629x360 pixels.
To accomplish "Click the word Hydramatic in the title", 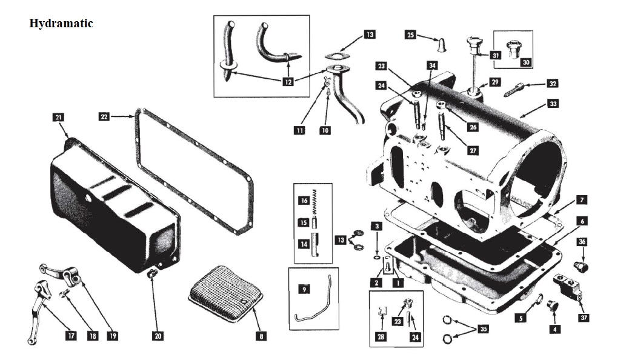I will (x=61, y=24).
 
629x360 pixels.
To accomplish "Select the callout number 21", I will (x=58, y=117).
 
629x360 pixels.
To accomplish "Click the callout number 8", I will (x=261, y=335).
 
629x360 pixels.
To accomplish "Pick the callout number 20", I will (x=158, y=335).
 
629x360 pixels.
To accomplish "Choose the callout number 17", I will (x=71, y=335).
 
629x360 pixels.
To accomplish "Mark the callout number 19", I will (x=111, y=335).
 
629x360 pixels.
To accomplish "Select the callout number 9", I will (x=304, y=289).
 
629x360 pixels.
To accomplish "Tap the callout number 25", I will (x=410, y=35).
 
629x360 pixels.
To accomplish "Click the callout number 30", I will (x=525, y=61).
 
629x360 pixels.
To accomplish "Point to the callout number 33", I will (x=553, y=104).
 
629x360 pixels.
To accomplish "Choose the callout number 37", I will (x=584, y=317).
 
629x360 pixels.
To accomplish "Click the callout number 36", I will (x=582, y=241).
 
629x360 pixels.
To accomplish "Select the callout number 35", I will (x=483, y=329).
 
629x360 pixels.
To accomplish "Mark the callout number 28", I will (x=381, y=336).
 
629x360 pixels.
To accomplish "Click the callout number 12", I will (x=288, y=82).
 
